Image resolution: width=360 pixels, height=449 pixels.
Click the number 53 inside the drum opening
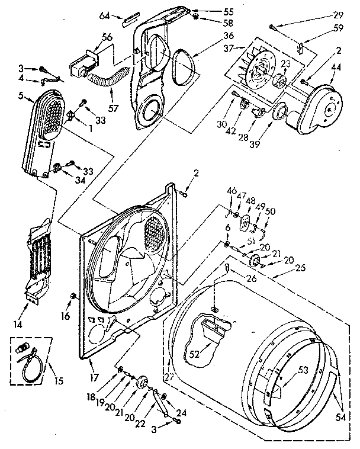pyautogui.click(x=303, y=370)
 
